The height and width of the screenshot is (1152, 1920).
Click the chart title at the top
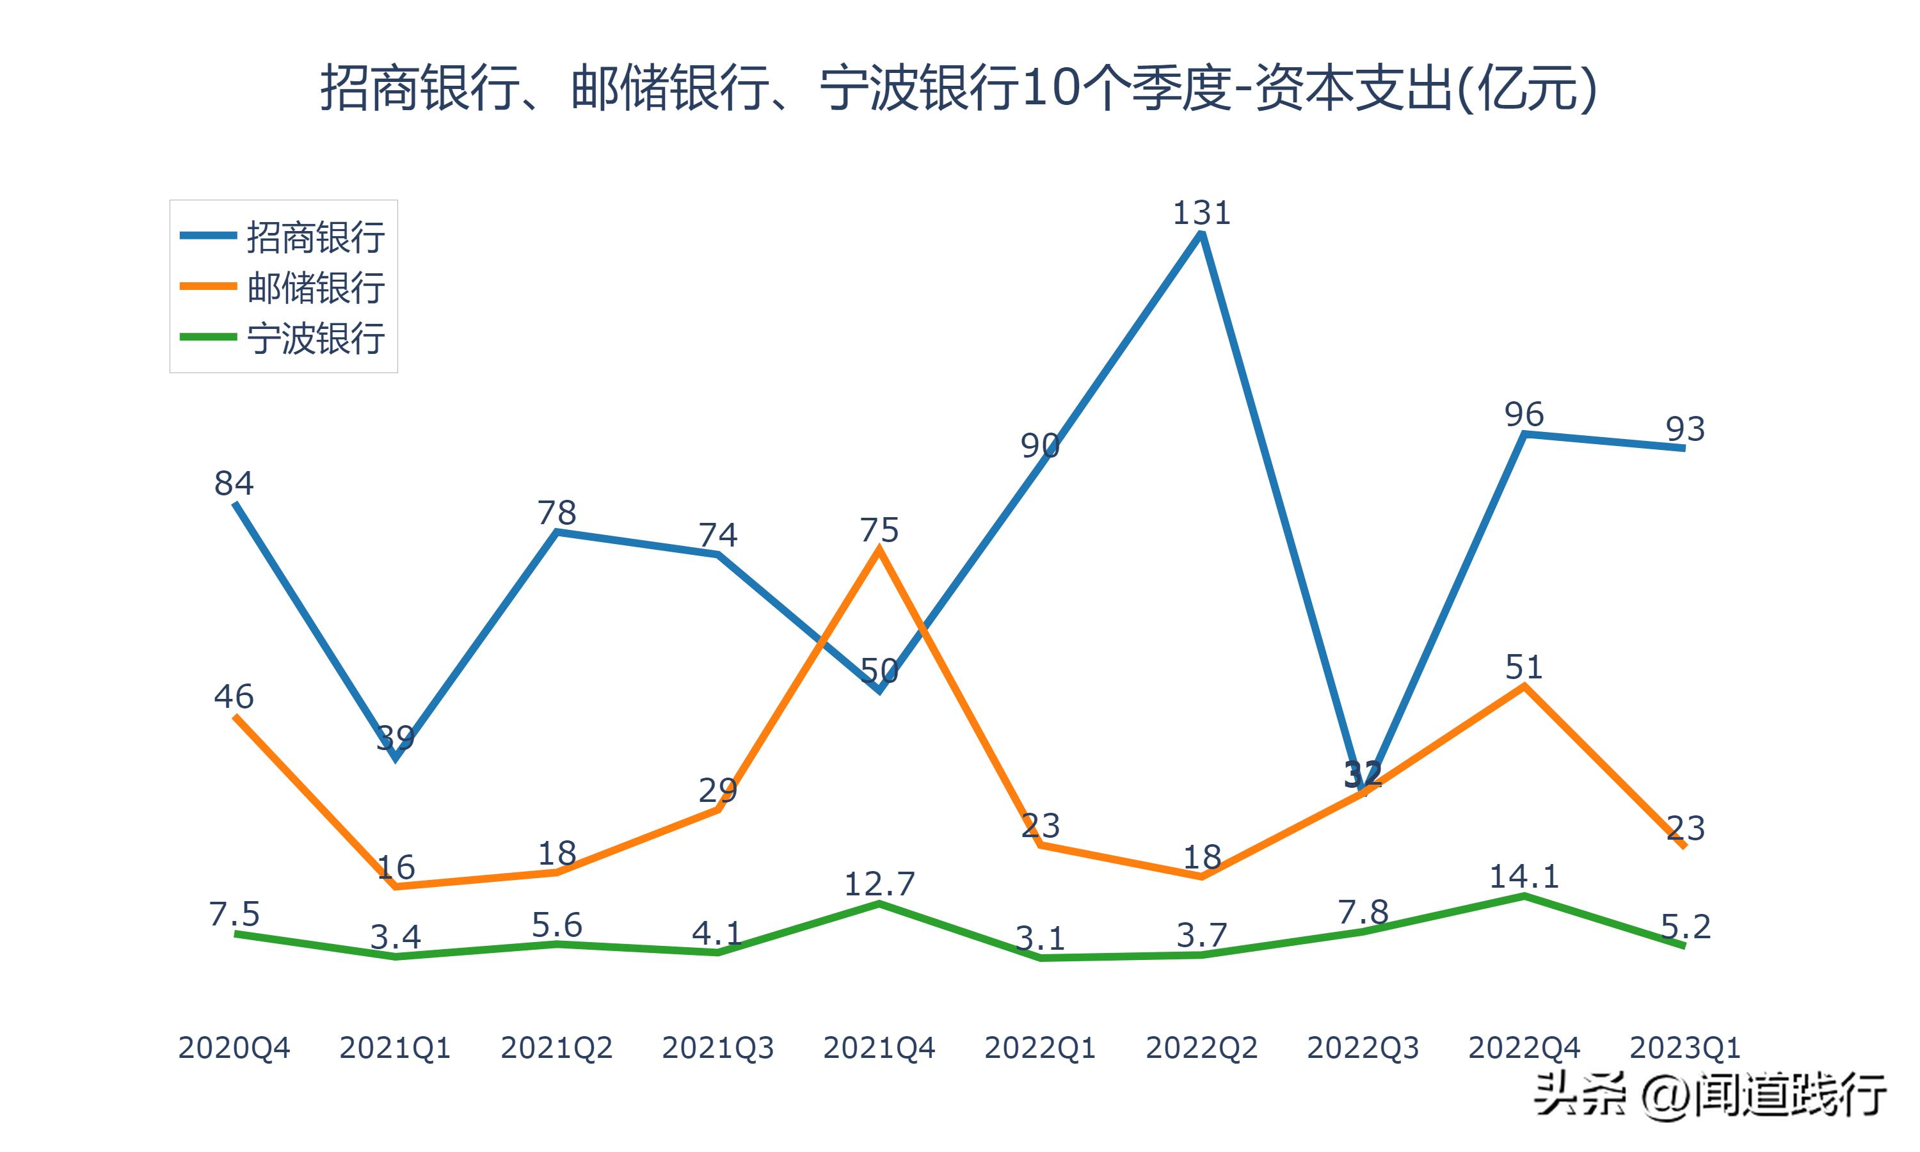pyautogui.click(x=959, y=88)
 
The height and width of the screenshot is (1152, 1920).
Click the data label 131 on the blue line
pyautogui.click(x=1201, y=212)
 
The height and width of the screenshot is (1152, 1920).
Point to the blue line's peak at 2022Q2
pyautogui.click(x=1201, y=234)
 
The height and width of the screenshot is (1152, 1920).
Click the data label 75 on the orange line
pyautogui.click(x=879, y=530)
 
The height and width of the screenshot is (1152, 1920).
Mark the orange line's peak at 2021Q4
pyautogui.click(x=879, y=550)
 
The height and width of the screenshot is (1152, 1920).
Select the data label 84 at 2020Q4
pyautogui.click(x=234, y=484)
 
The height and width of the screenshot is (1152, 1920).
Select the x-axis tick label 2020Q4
pyautogui.click(x=234, y=1048)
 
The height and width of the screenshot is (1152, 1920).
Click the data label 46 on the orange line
pyautogui.click(x=234, y=696)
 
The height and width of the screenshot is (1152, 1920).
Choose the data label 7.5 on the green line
pyautogui.click(x=234, y=915)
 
